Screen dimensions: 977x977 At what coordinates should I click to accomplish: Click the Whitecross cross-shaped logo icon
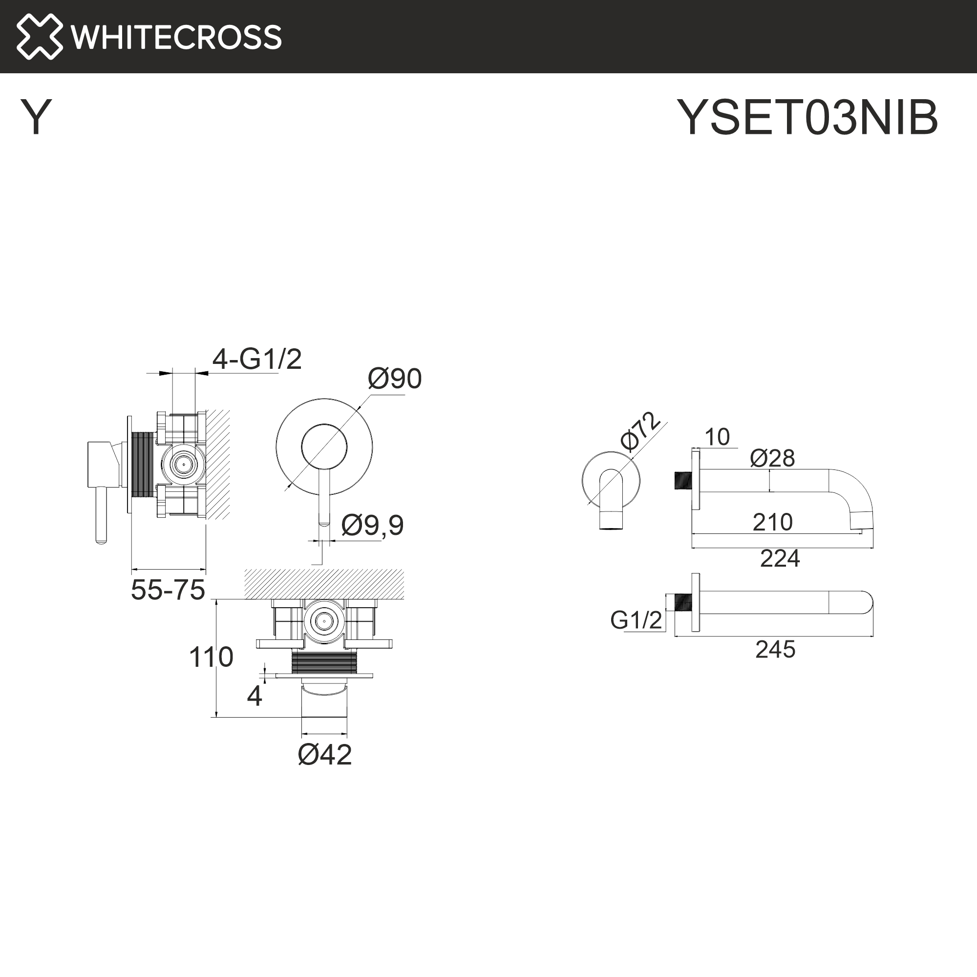[x=40, y=37]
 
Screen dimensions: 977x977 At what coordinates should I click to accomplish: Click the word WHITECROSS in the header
[x=176, y=37]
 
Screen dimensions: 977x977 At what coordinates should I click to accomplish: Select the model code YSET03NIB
[x=807, y=117]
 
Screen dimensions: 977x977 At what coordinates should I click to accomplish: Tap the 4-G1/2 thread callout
[x=256, y=360]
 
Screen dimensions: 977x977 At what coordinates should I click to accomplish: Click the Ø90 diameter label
[x=394, y=379]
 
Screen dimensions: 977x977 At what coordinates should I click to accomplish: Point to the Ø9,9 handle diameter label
[x=372, y=525]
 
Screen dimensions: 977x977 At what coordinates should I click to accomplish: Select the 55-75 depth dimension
[x=168, y=590]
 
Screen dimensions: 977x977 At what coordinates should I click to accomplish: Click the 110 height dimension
[x=211, y=657]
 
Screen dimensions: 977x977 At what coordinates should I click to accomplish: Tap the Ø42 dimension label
[x=324, y=755]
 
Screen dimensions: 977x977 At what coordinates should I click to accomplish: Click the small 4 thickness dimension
[x=255, y=696]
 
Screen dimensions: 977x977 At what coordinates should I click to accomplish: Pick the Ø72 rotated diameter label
[x=640, y=431]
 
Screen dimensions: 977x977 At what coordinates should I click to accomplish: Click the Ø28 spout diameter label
[x=772, y=458]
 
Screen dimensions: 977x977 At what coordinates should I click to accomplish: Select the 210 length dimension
[x=772, y=522]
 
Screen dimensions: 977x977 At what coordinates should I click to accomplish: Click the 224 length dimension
[x=780, y=558]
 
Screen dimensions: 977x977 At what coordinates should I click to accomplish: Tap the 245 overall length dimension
[x=775, y=649]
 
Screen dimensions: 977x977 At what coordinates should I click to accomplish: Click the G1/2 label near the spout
[x=636, y=620]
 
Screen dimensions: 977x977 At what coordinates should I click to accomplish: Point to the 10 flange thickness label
[x=717, y=437]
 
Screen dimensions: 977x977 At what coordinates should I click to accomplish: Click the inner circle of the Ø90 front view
[x=324, y=447]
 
